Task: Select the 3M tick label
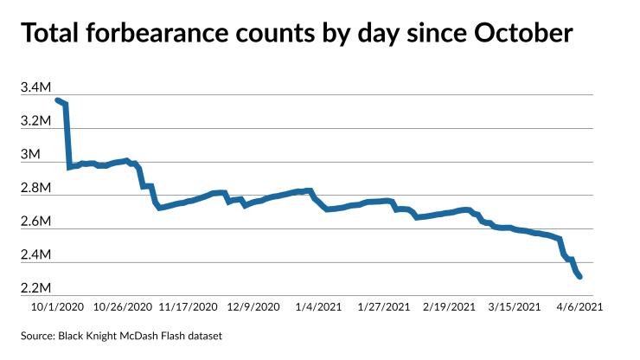[30, 154]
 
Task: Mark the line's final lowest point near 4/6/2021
[579, 277]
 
